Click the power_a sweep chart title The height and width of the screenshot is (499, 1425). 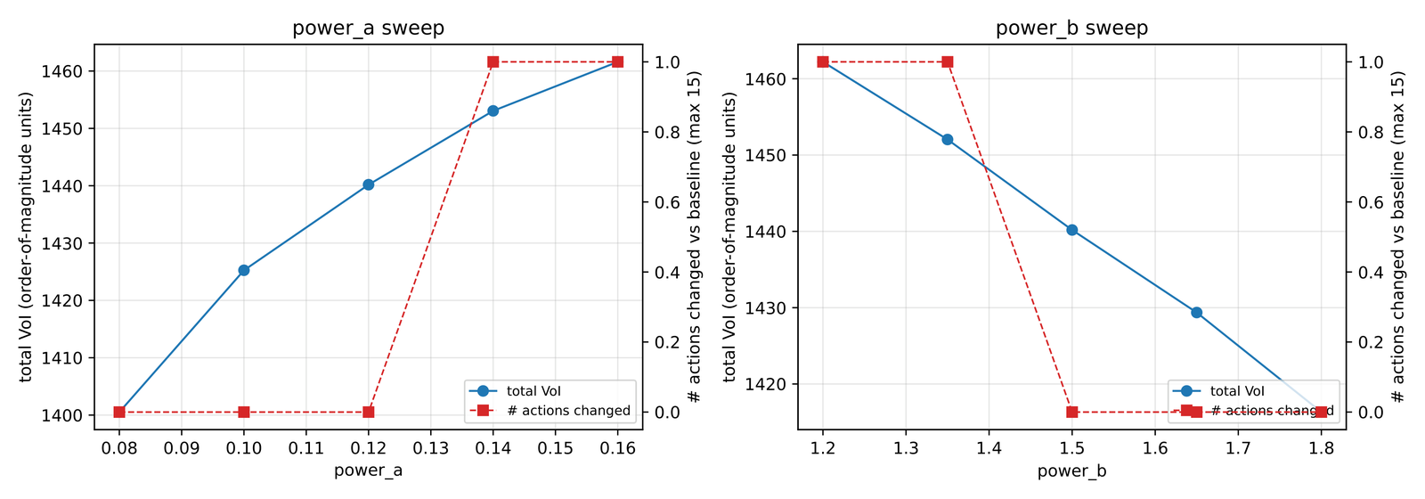(x=368, y=28)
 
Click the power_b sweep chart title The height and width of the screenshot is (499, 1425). (x=1071, y=28)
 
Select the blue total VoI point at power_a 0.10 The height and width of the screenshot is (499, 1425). (x=244, y=270)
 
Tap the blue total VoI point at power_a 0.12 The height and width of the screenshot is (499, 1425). (x=368, y=184)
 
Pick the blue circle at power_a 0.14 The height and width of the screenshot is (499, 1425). (x=493, y=110)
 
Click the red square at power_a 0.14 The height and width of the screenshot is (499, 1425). (x=493, y=61)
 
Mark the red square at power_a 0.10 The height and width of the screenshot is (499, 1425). (x=244, y=412)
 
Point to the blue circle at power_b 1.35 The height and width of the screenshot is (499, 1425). (x=947, y=139)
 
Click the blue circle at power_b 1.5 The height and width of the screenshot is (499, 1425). (x=1071, y=230)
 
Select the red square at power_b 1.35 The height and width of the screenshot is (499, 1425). (x=947, y=61)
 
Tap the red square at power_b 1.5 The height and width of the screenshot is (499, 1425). (x=1071, y=412)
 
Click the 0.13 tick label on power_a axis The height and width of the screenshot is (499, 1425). (x=430, y=447)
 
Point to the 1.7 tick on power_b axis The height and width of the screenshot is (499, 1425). (x=1238, y=447)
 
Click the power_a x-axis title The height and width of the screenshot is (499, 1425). (x=368, y=470)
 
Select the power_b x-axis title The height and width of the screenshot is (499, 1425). (x=1071, y=470)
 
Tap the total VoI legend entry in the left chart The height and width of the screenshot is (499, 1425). (x=533, y=391)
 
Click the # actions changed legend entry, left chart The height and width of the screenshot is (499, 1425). (x=567, y=411)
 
